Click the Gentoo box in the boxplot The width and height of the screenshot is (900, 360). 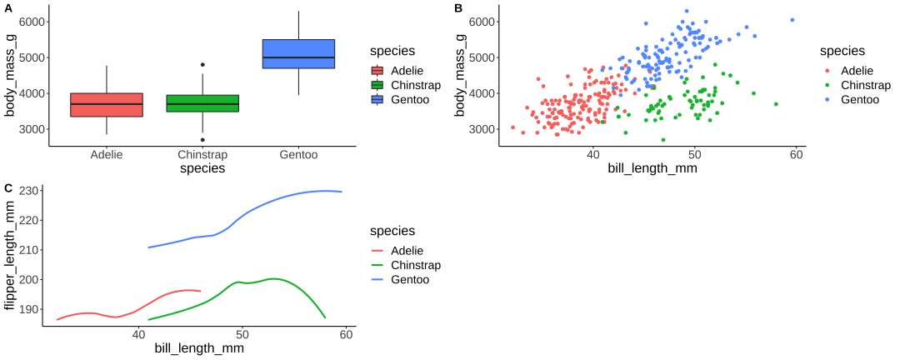click(298, 53)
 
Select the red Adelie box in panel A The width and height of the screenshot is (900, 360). click(107, 105)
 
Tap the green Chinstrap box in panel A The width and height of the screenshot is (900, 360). click(202, 103)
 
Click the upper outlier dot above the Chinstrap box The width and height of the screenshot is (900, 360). click(202, 64)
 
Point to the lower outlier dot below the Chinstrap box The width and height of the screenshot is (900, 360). click(202, 140)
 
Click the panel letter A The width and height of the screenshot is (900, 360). click(7, 7)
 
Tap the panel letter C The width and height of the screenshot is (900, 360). click(7, 188)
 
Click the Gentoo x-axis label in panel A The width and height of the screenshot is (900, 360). click(298, 155)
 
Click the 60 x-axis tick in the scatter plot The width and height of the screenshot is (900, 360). click(796, 155)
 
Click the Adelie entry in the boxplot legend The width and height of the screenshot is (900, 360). click(407, 70)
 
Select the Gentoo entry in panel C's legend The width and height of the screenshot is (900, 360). click(409, 280)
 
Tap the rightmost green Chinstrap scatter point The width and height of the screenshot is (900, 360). click(776, 104)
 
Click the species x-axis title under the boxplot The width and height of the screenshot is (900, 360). click(202, 169)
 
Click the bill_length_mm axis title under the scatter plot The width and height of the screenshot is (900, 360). click(652, 169)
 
